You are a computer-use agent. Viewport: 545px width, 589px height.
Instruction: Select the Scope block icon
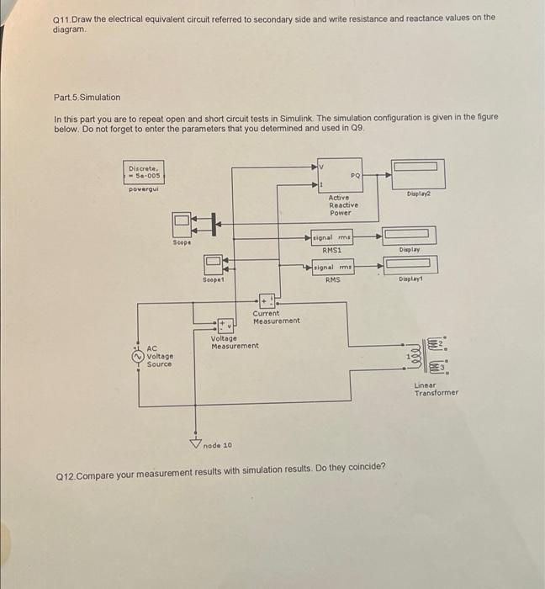(x=183, y=224)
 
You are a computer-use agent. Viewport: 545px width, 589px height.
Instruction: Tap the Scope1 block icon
(x=213, y=266)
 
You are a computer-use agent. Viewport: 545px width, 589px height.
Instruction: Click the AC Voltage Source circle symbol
(x=139, y=356)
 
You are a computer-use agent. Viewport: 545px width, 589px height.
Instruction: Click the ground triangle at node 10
(x=196, y=443)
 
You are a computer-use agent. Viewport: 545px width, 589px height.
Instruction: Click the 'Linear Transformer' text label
(x=436, y=389)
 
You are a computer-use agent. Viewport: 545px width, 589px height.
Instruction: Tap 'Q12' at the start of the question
(x=65, y=467)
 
